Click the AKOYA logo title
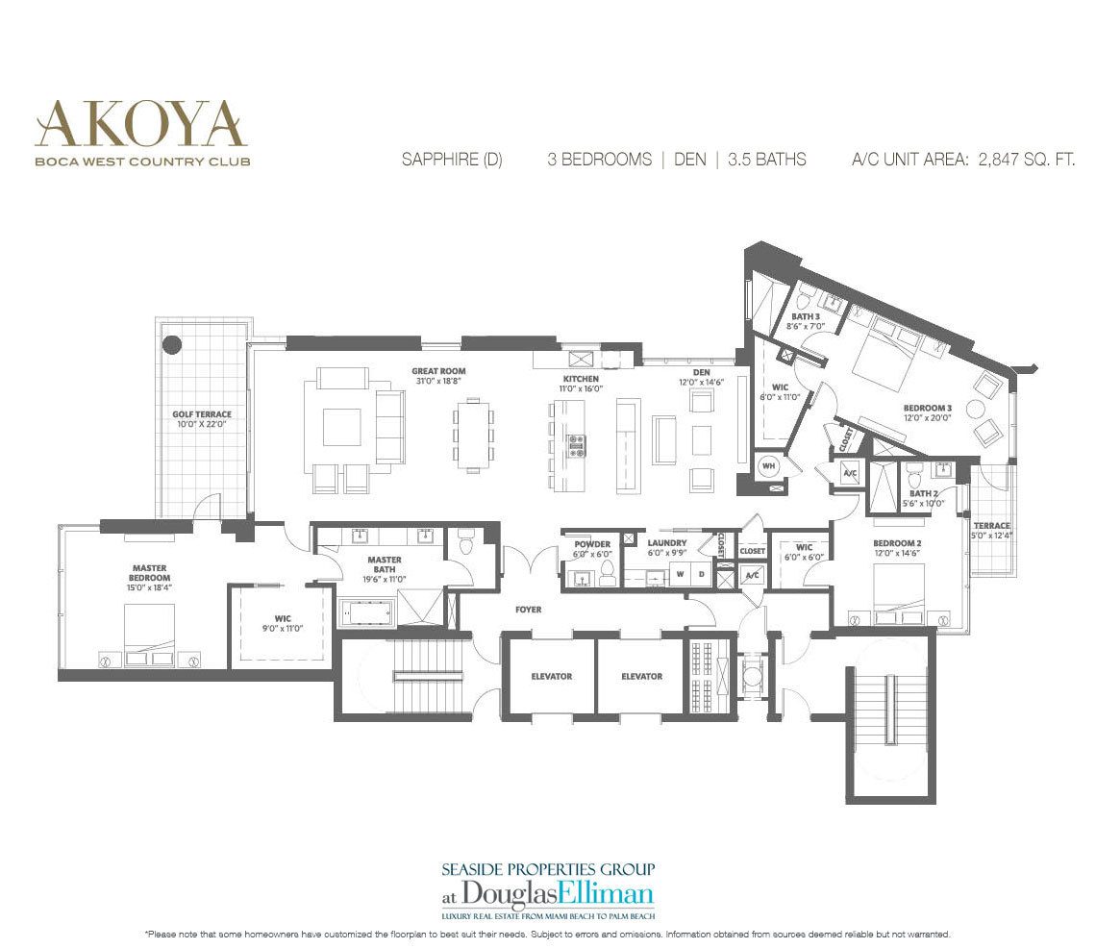click(140, 123)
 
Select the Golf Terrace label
click(202, 415)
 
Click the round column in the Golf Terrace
click(173, 343)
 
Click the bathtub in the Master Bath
click(370, 612)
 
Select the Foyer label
click(528, 610)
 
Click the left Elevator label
click(551, 676)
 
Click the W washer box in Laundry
click(681, 575)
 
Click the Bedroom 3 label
click(927, 408)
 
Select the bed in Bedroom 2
click(898, 592)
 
